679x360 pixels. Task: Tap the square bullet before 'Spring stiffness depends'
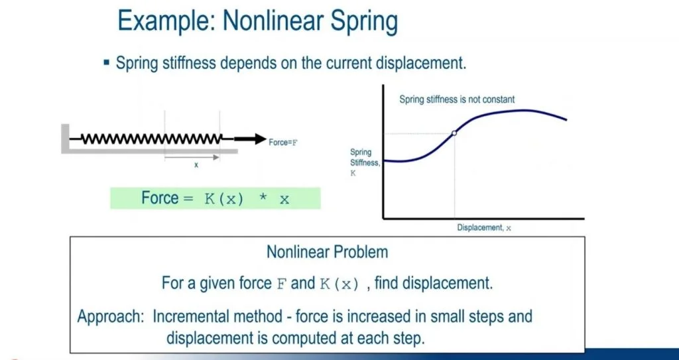(107, 63)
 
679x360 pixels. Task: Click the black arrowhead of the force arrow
(261, 139)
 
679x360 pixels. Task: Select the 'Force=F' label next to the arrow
(283, 142)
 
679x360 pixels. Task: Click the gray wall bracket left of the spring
(65, 139)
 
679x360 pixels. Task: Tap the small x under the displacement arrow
(196, 165)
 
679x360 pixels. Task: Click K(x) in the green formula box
(223, 200)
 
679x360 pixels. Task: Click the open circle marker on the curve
(454, 133)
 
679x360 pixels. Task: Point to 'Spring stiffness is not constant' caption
(457, 99)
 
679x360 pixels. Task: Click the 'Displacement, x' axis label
(484, 227)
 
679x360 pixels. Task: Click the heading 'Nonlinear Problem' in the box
(328, 252)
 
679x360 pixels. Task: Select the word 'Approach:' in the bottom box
(111, 317)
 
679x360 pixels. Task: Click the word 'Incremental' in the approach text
(217, 316)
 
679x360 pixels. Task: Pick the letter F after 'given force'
(281, 284)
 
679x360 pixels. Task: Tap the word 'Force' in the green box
(160, 198)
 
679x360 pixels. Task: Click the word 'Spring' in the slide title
(364, 23)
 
